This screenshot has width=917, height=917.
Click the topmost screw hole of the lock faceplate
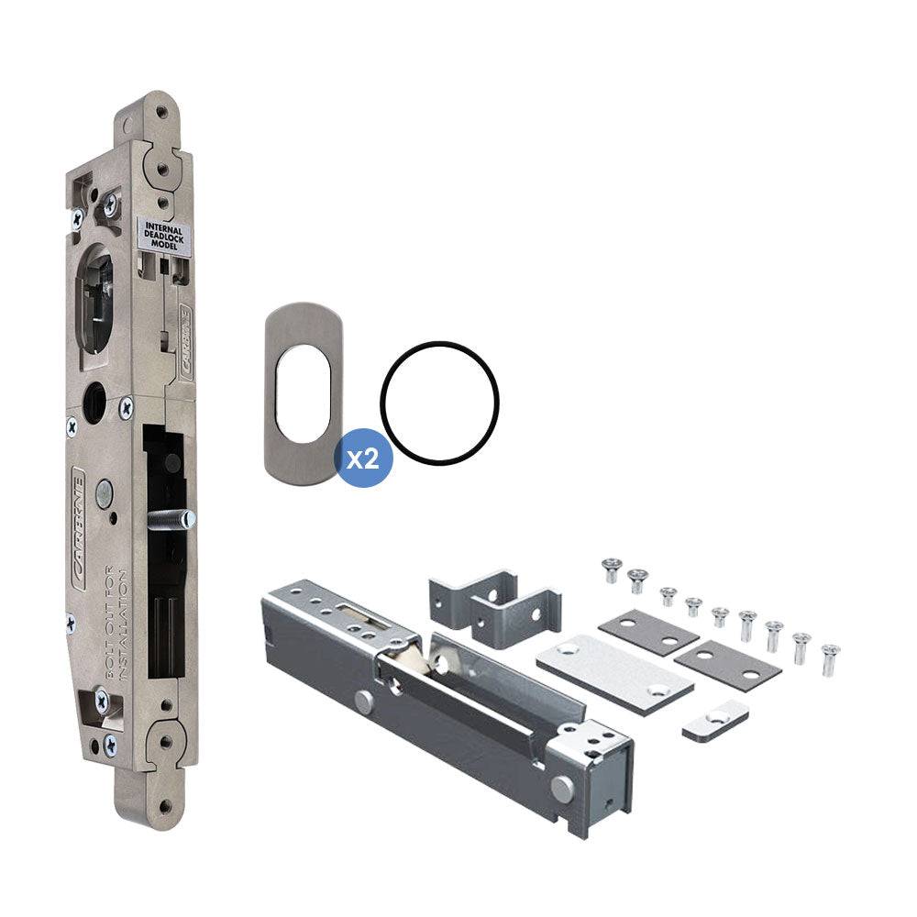(x=161, y=111)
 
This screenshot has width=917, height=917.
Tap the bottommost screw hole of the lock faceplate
(x=165, y=807)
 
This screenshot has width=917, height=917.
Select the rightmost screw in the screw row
(x=830, y=658)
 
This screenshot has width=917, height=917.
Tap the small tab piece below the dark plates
(x=715, y=722)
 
